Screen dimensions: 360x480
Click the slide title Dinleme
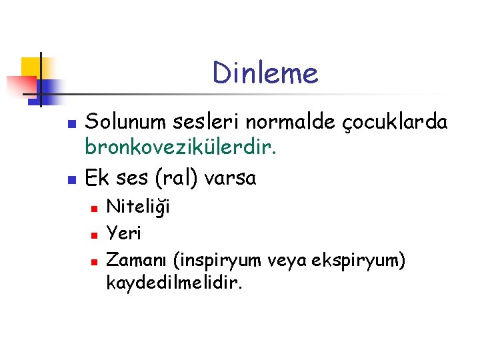click(x=265, y=73)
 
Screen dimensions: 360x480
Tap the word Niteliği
click(x=138, y=207)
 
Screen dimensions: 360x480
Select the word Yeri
click(x=124, y=234)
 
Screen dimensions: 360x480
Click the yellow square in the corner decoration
click(x=31, y=67)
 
